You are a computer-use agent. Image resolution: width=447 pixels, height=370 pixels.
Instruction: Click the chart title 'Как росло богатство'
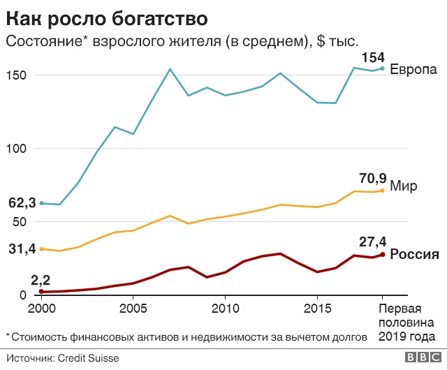[x=108, y=15]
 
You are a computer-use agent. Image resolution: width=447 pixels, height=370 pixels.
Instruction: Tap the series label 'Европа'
[x=413, y=70]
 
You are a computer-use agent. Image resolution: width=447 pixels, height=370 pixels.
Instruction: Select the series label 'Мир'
[x=404, y=186]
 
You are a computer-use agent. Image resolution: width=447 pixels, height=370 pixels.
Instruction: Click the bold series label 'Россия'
[x=414, y=254]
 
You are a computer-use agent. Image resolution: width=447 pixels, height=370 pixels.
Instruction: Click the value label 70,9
[x=372, y=179]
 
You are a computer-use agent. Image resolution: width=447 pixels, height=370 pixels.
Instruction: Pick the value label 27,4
[x=372, y=242]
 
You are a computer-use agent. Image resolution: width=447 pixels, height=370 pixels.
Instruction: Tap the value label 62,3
[x=22, y=203]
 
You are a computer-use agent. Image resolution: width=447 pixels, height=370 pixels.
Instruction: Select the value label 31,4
[x=22, y=249]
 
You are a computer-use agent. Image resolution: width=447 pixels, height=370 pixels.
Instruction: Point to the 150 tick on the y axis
[x=18, y=75]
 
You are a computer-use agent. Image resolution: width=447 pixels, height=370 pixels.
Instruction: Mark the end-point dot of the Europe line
[x=382, y=68]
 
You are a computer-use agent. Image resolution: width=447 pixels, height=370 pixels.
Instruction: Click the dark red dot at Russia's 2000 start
[x=41, y=292]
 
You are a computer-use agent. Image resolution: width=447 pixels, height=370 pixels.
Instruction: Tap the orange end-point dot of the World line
[x=382, y=191]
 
